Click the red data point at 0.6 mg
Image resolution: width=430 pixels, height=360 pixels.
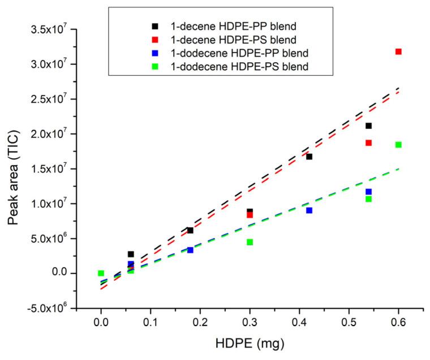(398, 51)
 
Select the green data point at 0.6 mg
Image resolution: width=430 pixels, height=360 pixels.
(398, 145)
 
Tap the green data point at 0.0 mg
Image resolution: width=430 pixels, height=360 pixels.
(101, 273)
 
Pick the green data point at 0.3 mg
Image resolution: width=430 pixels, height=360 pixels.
(250, 242)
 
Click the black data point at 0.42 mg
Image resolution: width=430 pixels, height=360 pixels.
(309, 157)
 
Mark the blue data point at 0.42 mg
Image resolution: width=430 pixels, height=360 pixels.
(309, 210)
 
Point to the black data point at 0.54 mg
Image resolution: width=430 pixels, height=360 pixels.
(368, 125)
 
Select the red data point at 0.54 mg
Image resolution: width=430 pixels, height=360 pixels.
(368, 142)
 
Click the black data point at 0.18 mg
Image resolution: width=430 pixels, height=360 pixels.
(190, 230)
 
